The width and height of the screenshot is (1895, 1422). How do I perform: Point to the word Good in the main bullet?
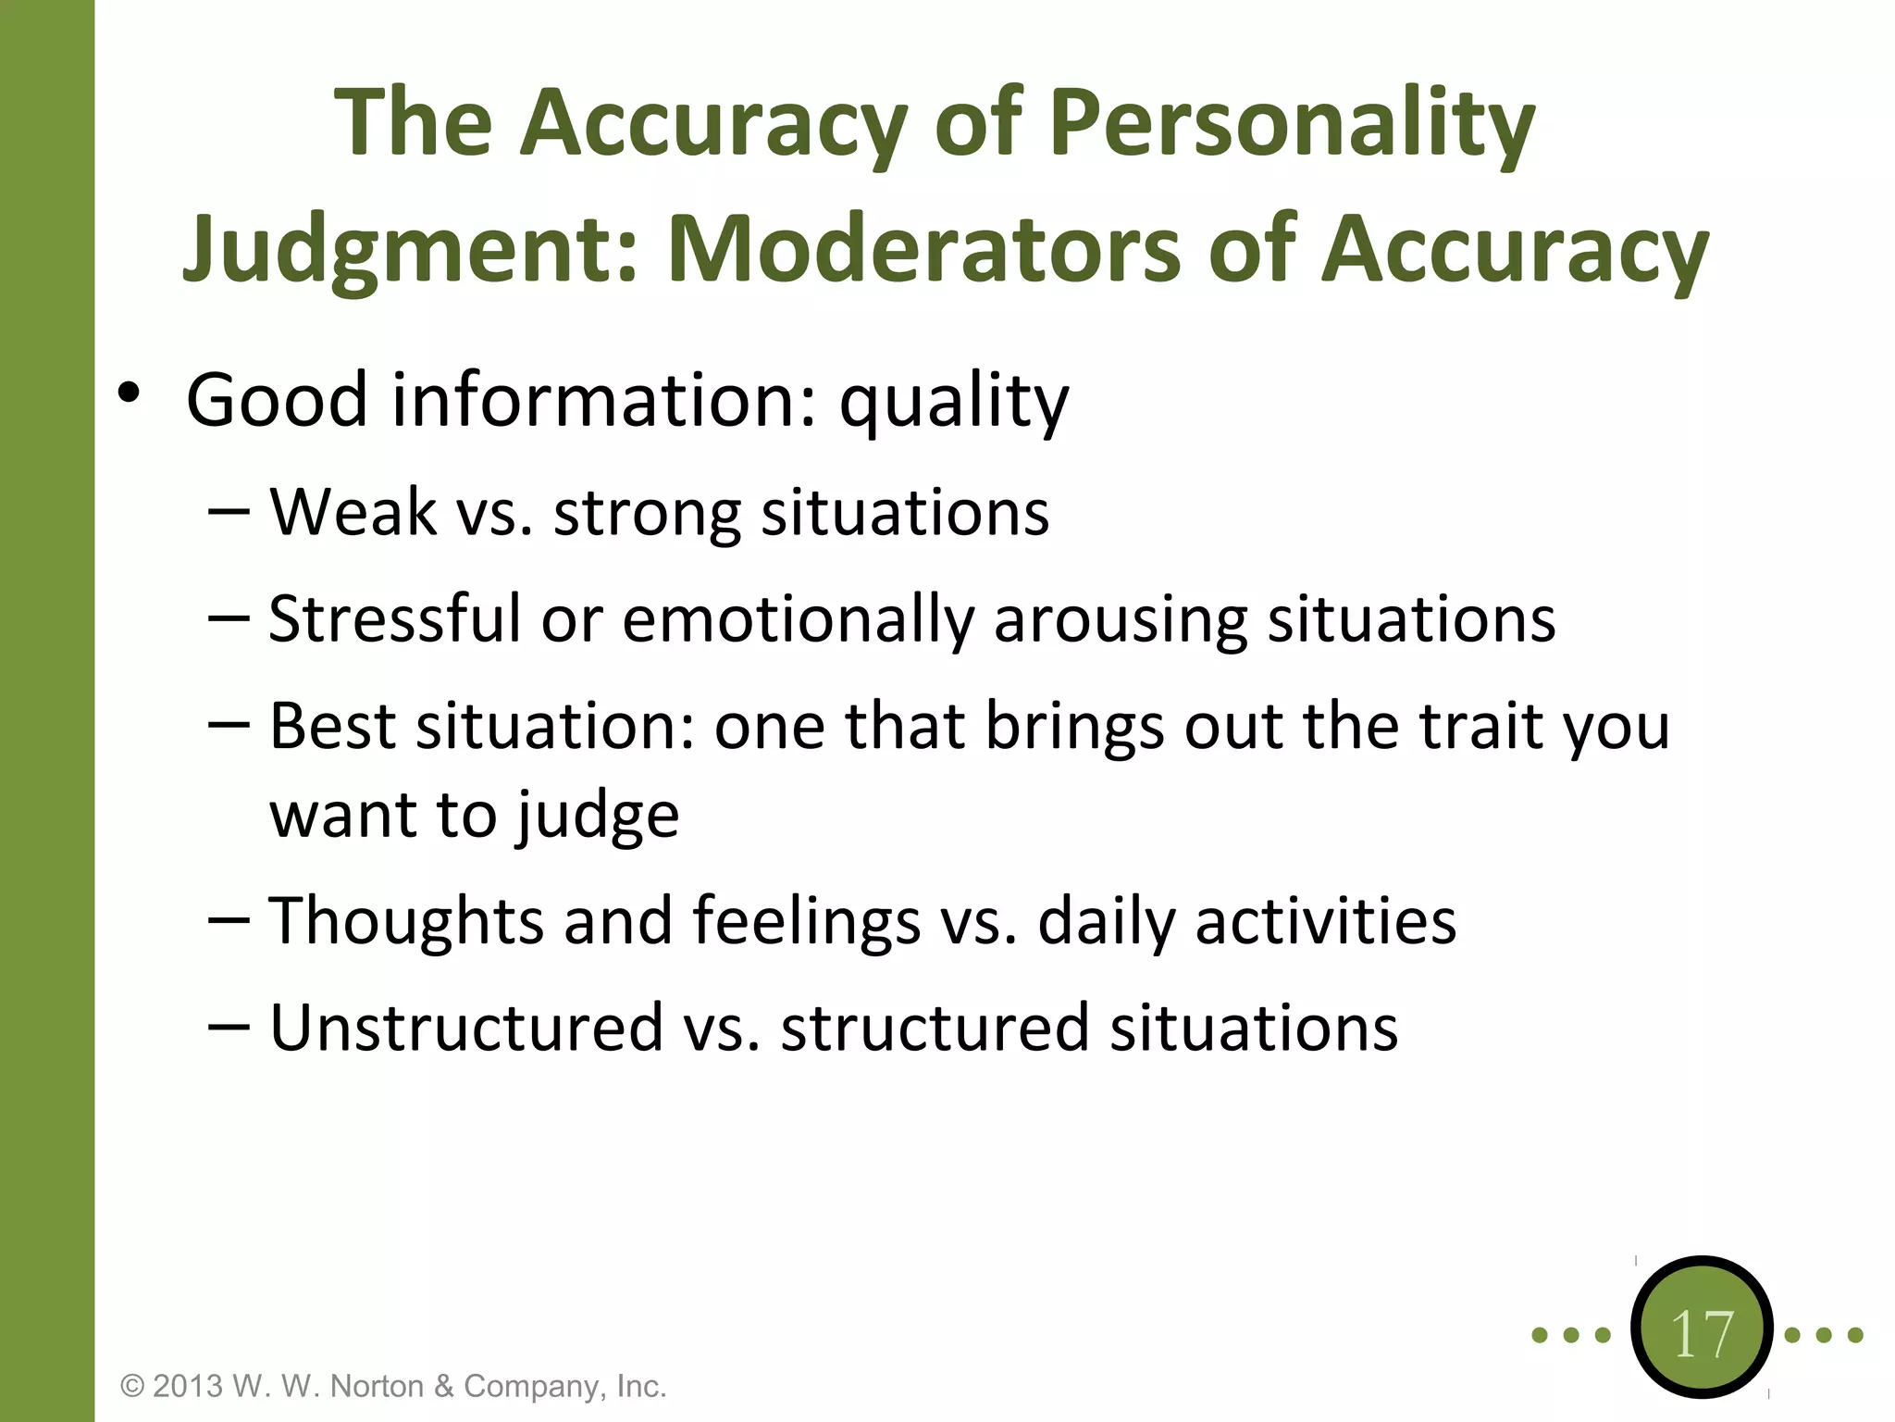(x=277, y=400)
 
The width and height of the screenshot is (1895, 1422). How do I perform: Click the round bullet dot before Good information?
(x=129, y=393)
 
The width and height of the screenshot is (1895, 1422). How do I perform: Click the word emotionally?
(x=798, y=620)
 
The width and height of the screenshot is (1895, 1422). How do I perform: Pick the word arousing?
(x=1120, y=620)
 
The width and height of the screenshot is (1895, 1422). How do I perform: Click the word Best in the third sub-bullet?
(x=332, y=726)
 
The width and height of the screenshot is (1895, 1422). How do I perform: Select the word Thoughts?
(x=406, y=922)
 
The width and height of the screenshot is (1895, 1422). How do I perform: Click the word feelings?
(x=806, y=922)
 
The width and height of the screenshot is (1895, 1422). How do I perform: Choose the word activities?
(x=1325, y=922)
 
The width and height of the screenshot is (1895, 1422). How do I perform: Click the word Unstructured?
(x=466, y=1028)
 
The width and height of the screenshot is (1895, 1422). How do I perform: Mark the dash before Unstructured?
(x=229, y=1028)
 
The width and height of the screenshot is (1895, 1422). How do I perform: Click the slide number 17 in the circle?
(x=1701, y=1334)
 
